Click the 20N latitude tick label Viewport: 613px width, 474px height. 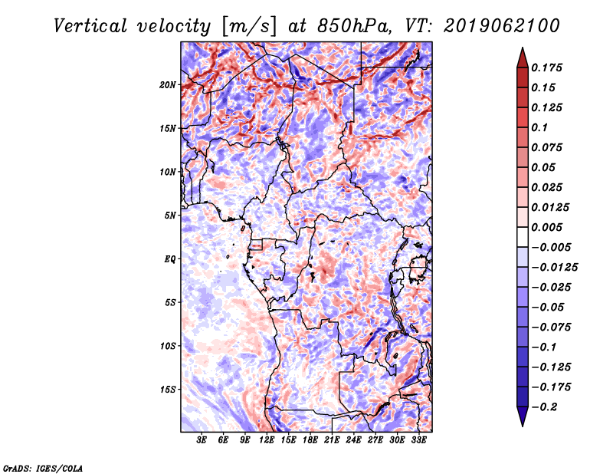click(x=168, y=84)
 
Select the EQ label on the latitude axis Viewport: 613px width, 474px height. click(x=170, y=259)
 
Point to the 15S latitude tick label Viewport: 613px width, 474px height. click(x=168, y=390)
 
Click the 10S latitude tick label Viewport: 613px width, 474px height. click(x=168, y=346)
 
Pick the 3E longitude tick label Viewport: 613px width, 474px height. click(x=202, y=440)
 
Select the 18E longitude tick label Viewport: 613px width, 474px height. click(x=310, y=440)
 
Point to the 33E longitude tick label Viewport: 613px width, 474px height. click(x=418, y=440)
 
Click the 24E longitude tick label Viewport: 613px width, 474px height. click(x=354, y=440)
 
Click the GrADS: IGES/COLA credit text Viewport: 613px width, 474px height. click(x=42, y=466)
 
